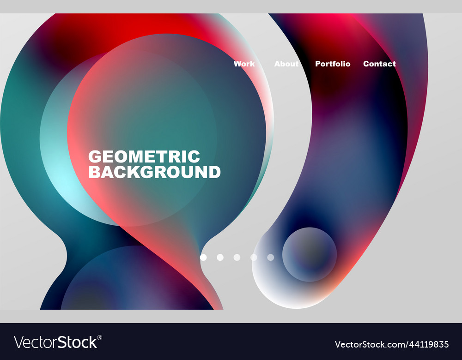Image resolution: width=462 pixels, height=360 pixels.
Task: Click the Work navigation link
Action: (x=244, y=64)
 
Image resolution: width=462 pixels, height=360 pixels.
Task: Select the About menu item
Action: (x=286, y=64)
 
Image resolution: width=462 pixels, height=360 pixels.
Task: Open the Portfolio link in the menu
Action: (x=333, y=64)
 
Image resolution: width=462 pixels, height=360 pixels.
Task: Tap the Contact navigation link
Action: (x=379, y=64)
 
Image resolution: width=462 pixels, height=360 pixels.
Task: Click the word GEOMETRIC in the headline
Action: (x=144, y=156)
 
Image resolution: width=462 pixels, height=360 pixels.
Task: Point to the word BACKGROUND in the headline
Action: (x=154, y=172)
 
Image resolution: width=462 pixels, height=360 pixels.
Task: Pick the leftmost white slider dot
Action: (x=203, y=257)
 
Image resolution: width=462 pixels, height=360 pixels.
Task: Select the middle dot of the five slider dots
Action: (x=237, y=257)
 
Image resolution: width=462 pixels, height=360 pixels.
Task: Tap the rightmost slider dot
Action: (x=271, y=257)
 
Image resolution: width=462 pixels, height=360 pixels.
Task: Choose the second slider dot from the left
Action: (x=220, y=257)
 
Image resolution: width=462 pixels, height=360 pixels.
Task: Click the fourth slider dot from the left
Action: (x=254, y=257)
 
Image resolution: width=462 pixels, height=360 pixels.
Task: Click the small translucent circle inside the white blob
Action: (x=310, y=254)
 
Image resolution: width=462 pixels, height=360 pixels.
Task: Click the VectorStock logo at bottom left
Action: (x=55, y=342)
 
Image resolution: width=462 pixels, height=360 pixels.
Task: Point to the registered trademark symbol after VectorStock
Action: (x=100, y=337)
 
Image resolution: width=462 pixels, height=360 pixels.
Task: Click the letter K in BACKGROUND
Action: (x=125, y=172)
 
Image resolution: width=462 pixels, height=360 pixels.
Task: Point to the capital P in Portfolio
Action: (x=318, y=64)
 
